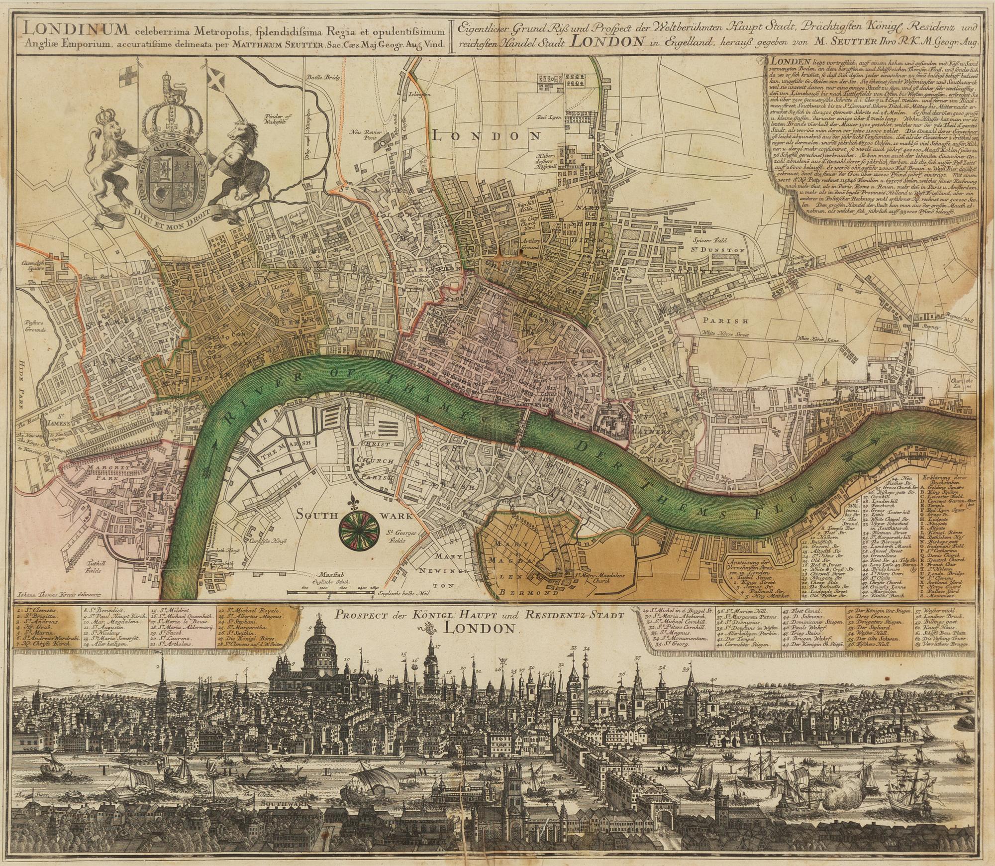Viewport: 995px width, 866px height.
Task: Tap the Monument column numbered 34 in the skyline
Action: (586, 697)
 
